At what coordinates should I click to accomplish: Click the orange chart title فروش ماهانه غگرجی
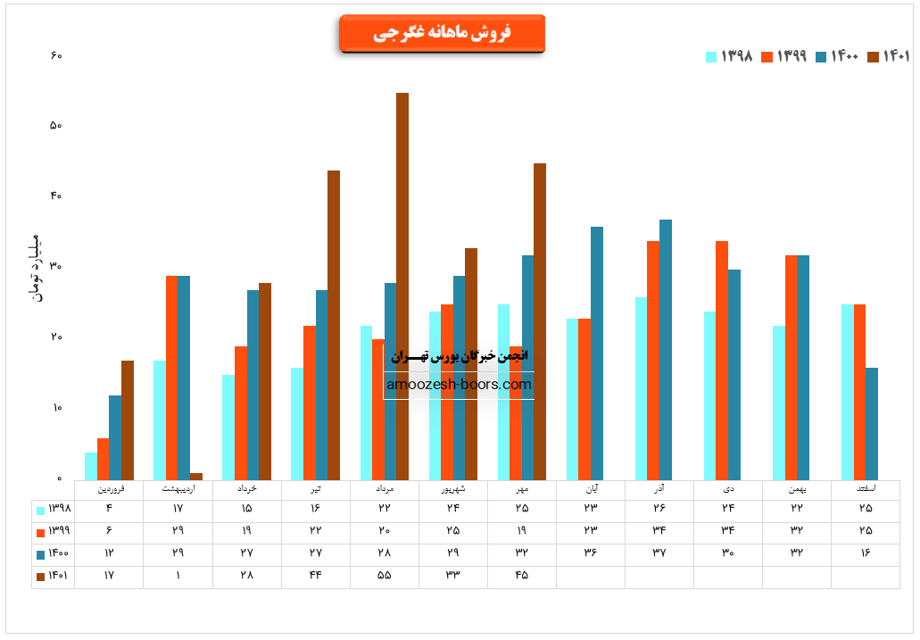coord(442,33)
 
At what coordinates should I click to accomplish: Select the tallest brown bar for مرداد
coord(402,286)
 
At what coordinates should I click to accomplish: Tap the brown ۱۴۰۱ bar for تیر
coord(334,325)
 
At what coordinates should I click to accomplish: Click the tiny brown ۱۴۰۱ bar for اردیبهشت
coord(196,476)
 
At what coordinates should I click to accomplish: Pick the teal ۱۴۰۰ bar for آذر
coord(666,349)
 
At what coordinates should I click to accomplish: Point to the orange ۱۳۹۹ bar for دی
coord(722,360)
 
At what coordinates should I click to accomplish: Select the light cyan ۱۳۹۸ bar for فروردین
coord(91,466)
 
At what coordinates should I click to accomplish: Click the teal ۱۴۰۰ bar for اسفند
coord(872,423)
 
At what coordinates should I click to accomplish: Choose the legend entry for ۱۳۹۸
coord(730,56)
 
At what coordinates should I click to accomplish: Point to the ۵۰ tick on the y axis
coord(55,126)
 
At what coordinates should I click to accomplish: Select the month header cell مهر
coord(521,489)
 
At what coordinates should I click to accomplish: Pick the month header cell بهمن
coord(796,489)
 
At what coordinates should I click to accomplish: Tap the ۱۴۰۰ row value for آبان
coord(590,553)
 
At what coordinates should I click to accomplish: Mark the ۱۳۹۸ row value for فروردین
coord(109,509)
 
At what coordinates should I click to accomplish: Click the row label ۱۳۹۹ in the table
coord(54,531)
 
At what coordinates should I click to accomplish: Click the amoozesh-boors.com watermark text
coord(459,385)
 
